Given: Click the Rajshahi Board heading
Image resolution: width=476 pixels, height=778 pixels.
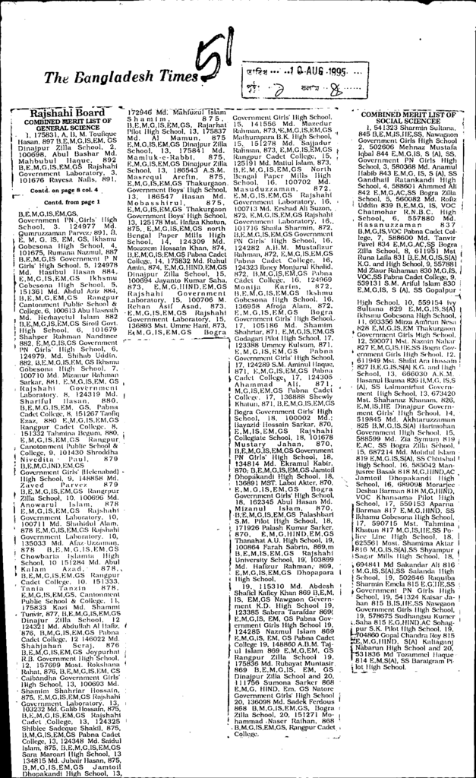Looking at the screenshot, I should pos(63,113).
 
